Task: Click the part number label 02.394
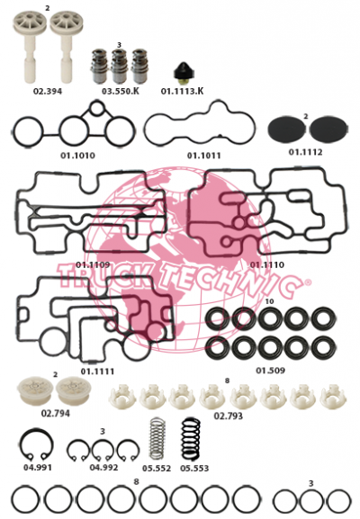(x=48, y=92)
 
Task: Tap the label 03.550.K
(x=121, y=91)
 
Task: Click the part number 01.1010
(x=77, y=156)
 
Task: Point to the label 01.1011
(x=203, y=156)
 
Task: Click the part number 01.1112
(x=305, y=152)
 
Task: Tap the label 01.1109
(x=93, y=264)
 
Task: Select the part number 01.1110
(x=267, y=264)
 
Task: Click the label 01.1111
(x=97, y=371)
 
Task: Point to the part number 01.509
(x=270, y=371)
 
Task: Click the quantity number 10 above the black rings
(x=270, y=301)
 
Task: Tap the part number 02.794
(x=55, y=414)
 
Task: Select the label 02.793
(x=229, y=416)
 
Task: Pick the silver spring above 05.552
(x=157, y=440)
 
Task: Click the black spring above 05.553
(x=191, y=440)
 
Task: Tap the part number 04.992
(x=103, y=468)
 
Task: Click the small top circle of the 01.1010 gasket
(x=96, y=103)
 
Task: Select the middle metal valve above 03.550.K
(x=120, y=67)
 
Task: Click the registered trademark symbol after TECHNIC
(x=308, y=282)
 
